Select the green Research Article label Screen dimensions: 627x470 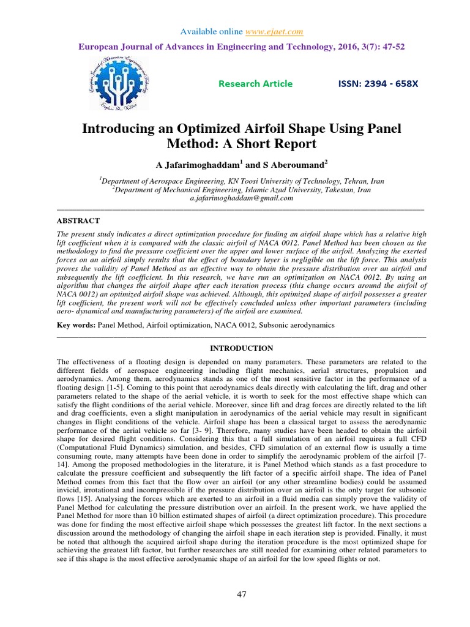tap(255, 84)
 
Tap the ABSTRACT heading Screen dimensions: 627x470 tap(78, 220)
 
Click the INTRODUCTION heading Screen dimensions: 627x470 tap(241, 348)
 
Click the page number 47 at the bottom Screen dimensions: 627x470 tap(242, 595)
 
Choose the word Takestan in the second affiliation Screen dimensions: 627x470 tap(337, 190)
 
